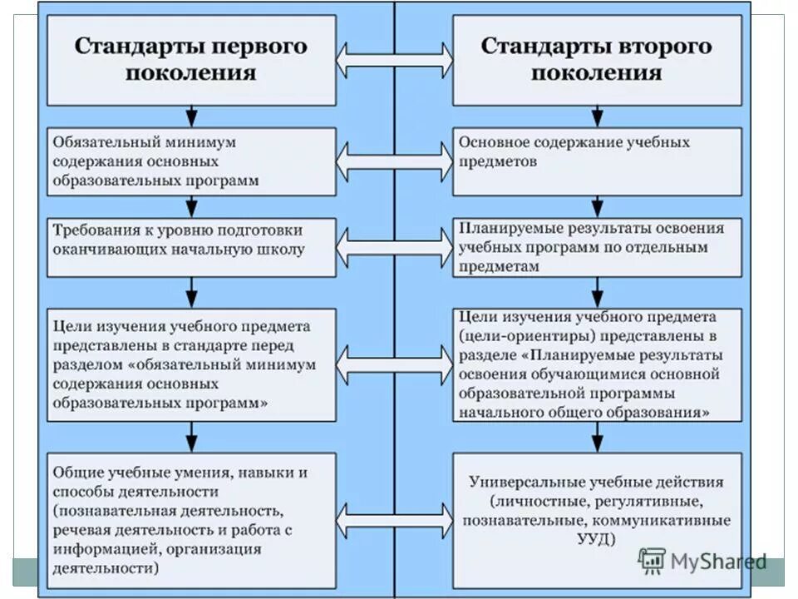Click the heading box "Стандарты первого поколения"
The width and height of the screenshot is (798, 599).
click(191, 59)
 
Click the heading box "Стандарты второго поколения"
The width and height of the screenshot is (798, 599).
click(597, 59)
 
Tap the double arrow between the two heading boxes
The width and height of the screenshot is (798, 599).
click(395, 60)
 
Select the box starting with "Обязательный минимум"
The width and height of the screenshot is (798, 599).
click(191, 161)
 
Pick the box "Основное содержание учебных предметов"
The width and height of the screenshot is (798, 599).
click(597, 161)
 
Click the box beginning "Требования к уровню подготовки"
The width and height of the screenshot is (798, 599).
click(191, 247)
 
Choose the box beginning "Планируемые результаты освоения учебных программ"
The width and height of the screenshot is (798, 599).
click(597, 247)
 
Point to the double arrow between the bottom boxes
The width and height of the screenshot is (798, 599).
click(395, 519)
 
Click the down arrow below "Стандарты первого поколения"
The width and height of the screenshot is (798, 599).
click(192, 114)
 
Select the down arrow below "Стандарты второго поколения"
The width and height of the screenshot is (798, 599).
click(597, 114)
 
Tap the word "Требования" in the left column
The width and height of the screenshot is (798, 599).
click(94, 230)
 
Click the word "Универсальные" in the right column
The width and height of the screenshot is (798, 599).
click(530, 482)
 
